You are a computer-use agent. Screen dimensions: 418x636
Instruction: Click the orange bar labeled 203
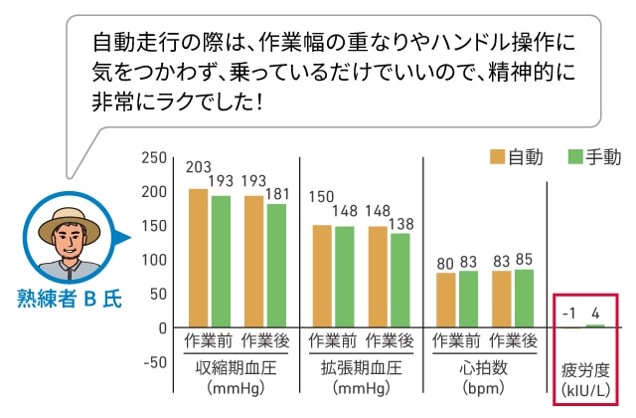198,258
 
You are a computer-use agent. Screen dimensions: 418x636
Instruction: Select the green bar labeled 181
276,265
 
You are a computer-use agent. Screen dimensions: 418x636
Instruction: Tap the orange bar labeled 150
322,276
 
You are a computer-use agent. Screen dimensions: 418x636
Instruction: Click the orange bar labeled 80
446,300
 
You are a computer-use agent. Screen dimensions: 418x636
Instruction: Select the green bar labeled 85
524,298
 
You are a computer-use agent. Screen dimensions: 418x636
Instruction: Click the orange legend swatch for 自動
498,156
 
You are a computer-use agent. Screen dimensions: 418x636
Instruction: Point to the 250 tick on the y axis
155,157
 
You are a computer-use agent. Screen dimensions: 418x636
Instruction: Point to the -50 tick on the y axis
154,361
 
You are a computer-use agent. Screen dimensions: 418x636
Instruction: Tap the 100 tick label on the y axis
155,260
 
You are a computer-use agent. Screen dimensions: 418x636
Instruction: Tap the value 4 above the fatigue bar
596,313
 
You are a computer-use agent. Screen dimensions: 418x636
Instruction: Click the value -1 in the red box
568,313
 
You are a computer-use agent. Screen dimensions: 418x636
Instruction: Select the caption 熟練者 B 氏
70,298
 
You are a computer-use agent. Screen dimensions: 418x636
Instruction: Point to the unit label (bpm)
484,387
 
